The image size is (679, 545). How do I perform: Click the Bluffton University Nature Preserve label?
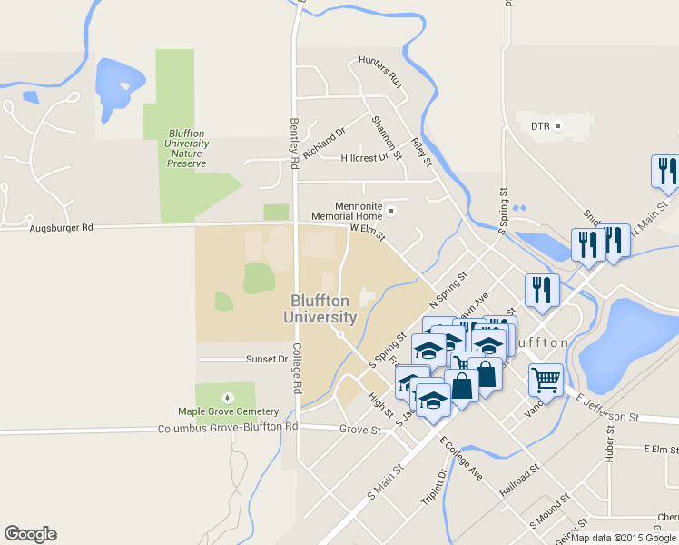[x=187, y=148]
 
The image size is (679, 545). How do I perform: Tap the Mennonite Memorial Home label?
[x=346, y=211]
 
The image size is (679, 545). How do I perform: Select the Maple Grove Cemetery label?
[x=228, y=412]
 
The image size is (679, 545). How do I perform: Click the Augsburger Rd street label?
[x=62, y=228]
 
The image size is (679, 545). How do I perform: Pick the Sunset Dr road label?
[x=266, y=359]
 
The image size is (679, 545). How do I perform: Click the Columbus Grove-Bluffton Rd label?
[x=228, y=427]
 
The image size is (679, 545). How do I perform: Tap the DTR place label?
[x=541, y=125]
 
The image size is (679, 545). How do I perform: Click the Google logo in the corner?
[x=30, y=534]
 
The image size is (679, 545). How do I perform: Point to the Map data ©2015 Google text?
[x=624, y=538]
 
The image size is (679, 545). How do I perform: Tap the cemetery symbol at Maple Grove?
[x=228, y=397]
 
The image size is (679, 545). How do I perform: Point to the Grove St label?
[x=359, y=429]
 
